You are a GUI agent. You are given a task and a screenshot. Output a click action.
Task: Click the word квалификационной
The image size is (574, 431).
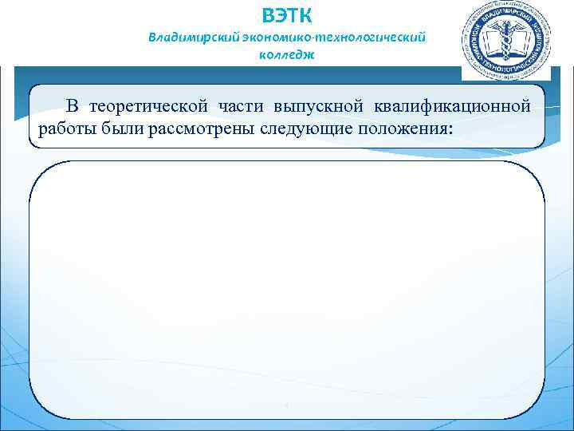click(x=452, y=106)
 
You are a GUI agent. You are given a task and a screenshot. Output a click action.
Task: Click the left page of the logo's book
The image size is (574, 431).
click(x=493, y=42)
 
